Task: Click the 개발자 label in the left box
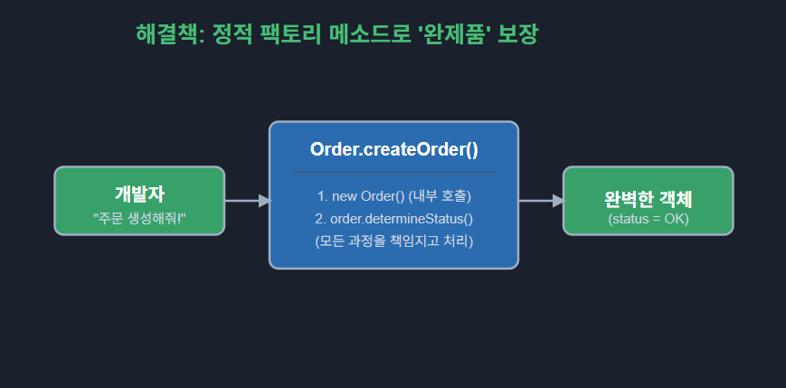139,193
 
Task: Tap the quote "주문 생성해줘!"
139,218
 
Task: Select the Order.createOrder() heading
393,149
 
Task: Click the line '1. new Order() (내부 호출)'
393,195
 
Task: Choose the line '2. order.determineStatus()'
393,218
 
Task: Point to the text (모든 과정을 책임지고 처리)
393,241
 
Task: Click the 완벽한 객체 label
648,199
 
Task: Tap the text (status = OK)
648,219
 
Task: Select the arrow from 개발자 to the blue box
247,201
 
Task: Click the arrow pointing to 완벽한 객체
541,201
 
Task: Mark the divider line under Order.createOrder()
393,171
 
